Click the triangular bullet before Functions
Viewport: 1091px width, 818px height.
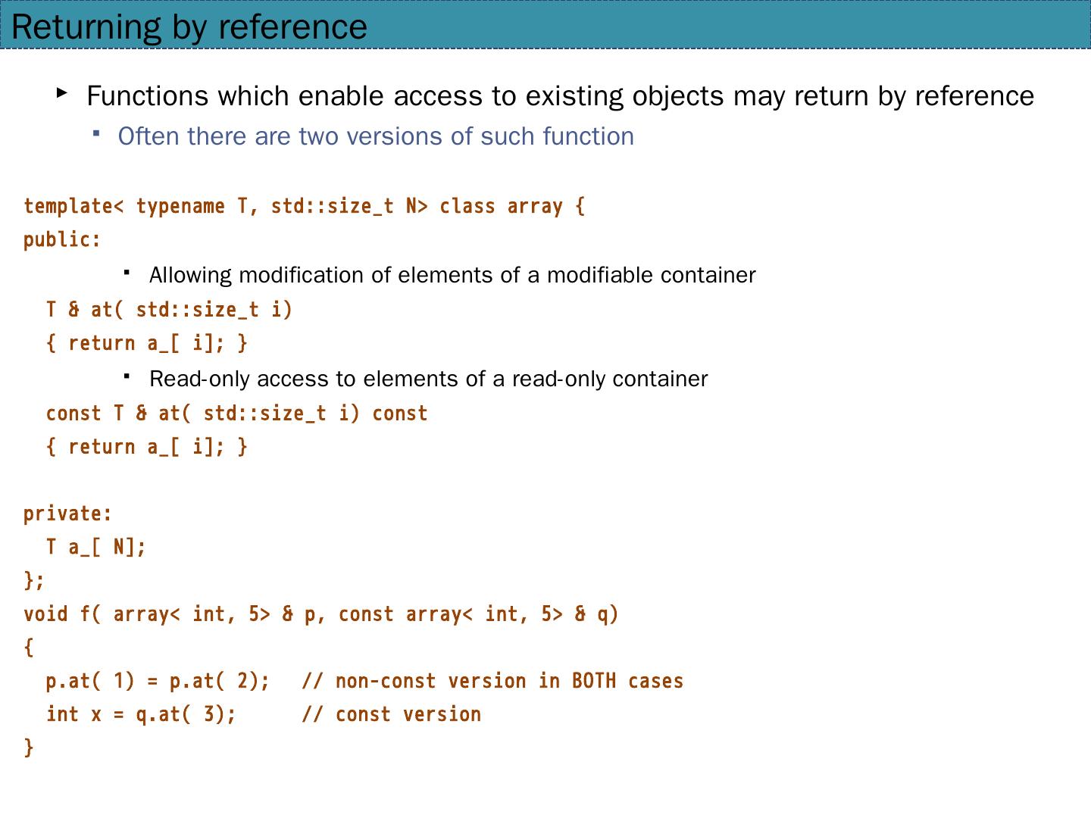point(62,93)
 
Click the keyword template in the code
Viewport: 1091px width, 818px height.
point(68,206)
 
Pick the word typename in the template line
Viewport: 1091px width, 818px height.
point(180,206)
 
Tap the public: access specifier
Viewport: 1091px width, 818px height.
point(62,239)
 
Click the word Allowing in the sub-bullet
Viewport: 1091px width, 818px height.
point(190,275)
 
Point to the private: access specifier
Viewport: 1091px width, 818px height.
point(67,514)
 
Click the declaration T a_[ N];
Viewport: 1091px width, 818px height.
point(95,547)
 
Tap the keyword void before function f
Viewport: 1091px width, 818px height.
point(45,613)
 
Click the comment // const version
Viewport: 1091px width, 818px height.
point(391,713)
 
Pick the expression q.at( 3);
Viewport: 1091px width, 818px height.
point(186,713)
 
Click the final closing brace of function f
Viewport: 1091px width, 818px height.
point(29,747)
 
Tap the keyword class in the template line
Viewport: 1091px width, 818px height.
point(467,206)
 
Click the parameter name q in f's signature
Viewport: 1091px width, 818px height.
point(605,615)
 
